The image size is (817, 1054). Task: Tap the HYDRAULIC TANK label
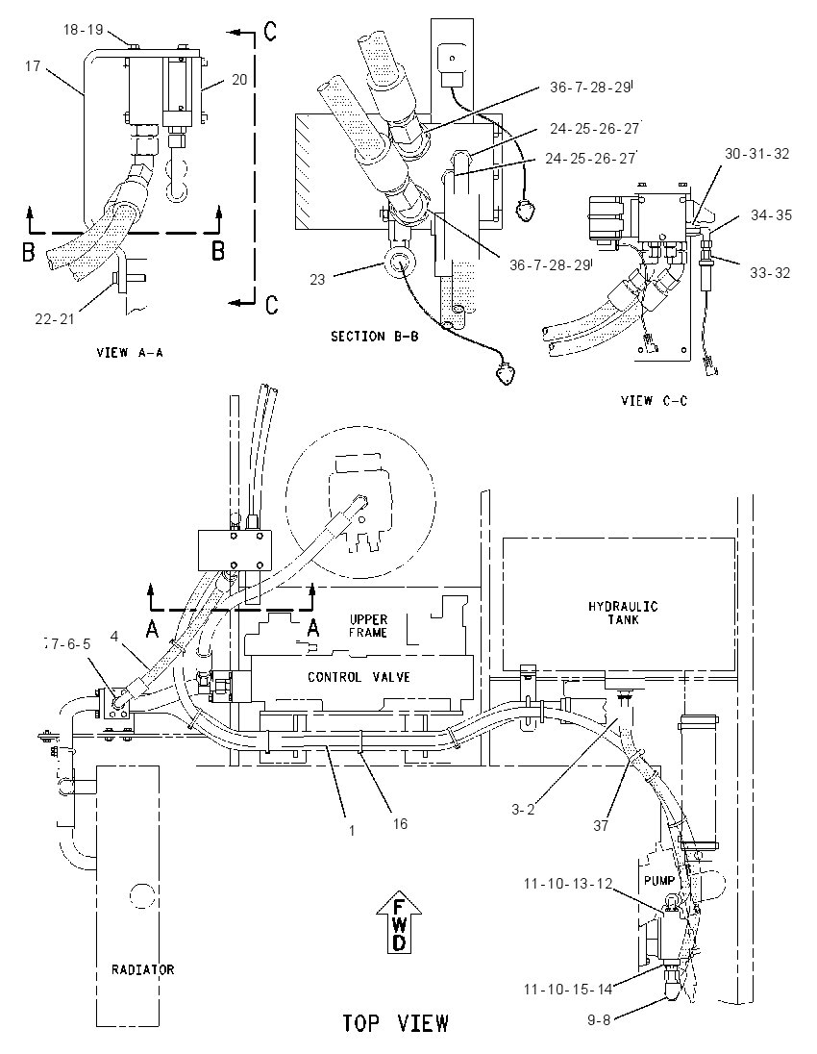pyautogui.click(x=623, y=613)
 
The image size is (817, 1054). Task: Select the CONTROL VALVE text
pyautogui.click(x=359, y=677)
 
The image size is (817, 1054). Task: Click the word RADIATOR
pyautogui.click(x=142, y=969)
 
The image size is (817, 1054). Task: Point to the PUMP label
pyautogui.click(x=658, y=881)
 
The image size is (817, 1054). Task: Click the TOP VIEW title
pyautogui.click(x=395, y=1024)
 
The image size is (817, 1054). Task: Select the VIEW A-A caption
pyautogui.click(x=130, y=352)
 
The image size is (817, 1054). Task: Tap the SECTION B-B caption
pyautogui.click(x=374, y=336)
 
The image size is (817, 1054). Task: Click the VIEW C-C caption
pyautogui.click(x=654, y=401)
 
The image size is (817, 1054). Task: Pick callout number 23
pyautogui.click(x=317, y=279)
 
